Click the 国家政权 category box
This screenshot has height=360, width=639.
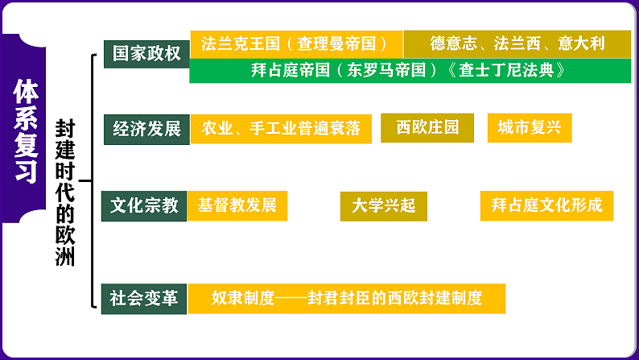click(146, 53)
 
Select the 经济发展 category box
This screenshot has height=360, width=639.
click(146, 129)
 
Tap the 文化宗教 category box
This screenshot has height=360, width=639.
click(144, 205)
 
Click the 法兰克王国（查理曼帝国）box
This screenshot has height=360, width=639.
click(295, 43)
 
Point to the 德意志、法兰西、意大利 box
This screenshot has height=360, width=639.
click(517, 43)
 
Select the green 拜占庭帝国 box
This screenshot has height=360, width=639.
click(410, 70)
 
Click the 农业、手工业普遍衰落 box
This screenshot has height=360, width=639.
click(280, 129)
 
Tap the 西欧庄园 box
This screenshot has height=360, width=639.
click(427, 128)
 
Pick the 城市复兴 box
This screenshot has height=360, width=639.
click(529, 128)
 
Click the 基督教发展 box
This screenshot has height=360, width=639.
click(237, 205)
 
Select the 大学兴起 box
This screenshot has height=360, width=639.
click(383, 206)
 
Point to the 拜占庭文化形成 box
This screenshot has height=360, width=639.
click(546, 205)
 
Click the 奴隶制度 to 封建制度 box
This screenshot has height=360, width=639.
click(347, 299)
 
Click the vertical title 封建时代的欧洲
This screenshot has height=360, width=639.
click(64, 193)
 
